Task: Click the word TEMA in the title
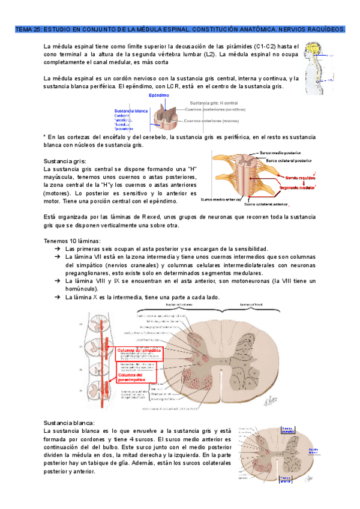23,29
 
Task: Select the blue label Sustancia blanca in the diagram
131,111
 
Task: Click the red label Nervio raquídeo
299,178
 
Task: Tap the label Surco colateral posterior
289,161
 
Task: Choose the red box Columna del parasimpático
136,378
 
